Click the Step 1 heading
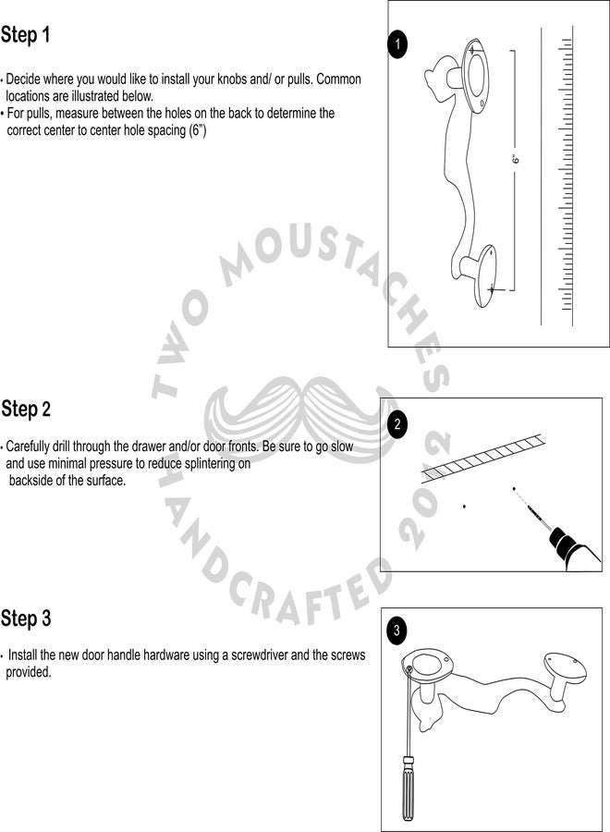pyautogui.click(x=26, y=35)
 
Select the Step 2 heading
pyautogui.click(x=26, y=410)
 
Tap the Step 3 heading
pyautogui.click(x=26, y=618)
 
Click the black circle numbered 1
pyautogui.click(x=397, y=44)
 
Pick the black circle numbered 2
pyautogui.click(x=397, y=425)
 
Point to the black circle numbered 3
pyautogui.click(x=396, y=630)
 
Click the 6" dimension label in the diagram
pyautogui.click(x=516, y=159)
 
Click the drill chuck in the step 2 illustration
pyautogui.click(x=561, y=540)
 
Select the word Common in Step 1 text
pyautogui.click(x=338, y=80)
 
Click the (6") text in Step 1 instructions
pyautogui.click(x=197, y=130)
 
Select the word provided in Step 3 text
pyautogui.click(x=28, y=672)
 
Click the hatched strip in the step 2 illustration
pyautogui.click(x=483, y=458)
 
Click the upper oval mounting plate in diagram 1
pyautogui.click(x=475, y=76)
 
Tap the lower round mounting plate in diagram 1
pyautogui.click(x=485, y=275)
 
